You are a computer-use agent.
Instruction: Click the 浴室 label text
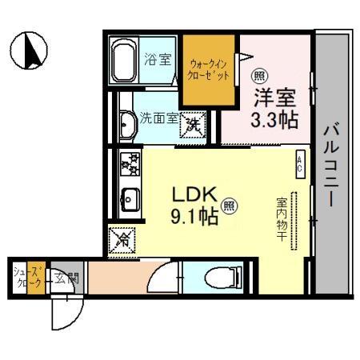point(157,58)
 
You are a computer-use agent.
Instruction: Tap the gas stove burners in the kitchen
point(130,163)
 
